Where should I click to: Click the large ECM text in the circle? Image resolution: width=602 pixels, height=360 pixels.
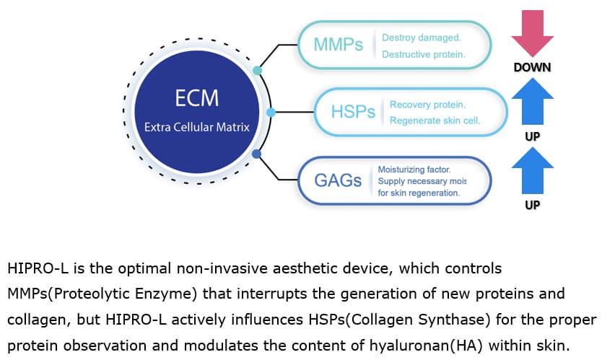click(x=197, y=98)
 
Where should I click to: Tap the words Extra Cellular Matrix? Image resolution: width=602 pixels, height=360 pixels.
click(x=197, y=127)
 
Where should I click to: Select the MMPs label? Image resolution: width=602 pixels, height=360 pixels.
click(x=339, y=45)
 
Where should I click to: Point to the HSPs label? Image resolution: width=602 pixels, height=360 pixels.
click(x=353, y=112)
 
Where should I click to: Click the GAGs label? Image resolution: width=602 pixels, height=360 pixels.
click(x=338, y=180)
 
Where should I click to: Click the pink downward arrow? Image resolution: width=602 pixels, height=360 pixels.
click(x=533, y=34)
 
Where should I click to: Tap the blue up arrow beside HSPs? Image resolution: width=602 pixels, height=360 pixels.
click(x=533, y=101)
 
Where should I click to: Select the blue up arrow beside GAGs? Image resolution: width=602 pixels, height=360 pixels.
click(x=533, y=170)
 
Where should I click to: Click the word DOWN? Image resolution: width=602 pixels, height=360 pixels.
click(x=533, y=68)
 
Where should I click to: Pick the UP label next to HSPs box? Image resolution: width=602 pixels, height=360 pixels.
click(x=533, y=136)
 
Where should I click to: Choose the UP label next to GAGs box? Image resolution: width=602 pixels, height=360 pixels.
click(x=533, y=205)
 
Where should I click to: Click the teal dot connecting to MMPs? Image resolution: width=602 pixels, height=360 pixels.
click(x=257, y=71)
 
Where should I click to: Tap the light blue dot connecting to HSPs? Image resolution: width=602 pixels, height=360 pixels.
click(x=271, y=113)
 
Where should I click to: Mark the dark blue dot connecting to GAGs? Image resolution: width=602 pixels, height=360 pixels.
click(x=256, y=154)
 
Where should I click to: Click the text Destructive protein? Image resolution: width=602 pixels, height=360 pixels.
click(x=424, y=55)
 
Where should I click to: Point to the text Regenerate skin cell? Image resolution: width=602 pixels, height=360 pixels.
click(x=435, y=120)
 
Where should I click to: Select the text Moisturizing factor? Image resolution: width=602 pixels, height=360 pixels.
click(x=414, y=170)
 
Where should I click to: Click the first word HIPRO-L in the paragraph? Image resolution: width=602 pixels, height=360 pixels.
click(x=38, y=268)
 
